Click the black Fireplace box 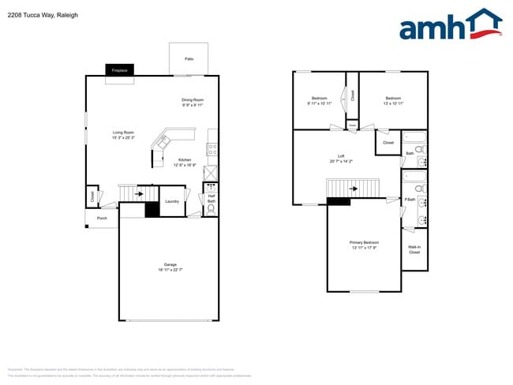pyautogui.click(x=120, y=70)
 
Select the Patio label pyautogui.click(x=189, y=59)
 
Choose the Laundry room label pyautogui.click(x=171, y=201)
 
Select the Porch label pyautogui.click(x=102, y=218)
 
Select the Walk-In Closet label pyautogui.click(x=414, y=249)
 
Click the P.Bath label pyautogui.click(x=410, y=200)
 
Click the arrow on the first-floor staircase pyautogui.click(x=140, y=192)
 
